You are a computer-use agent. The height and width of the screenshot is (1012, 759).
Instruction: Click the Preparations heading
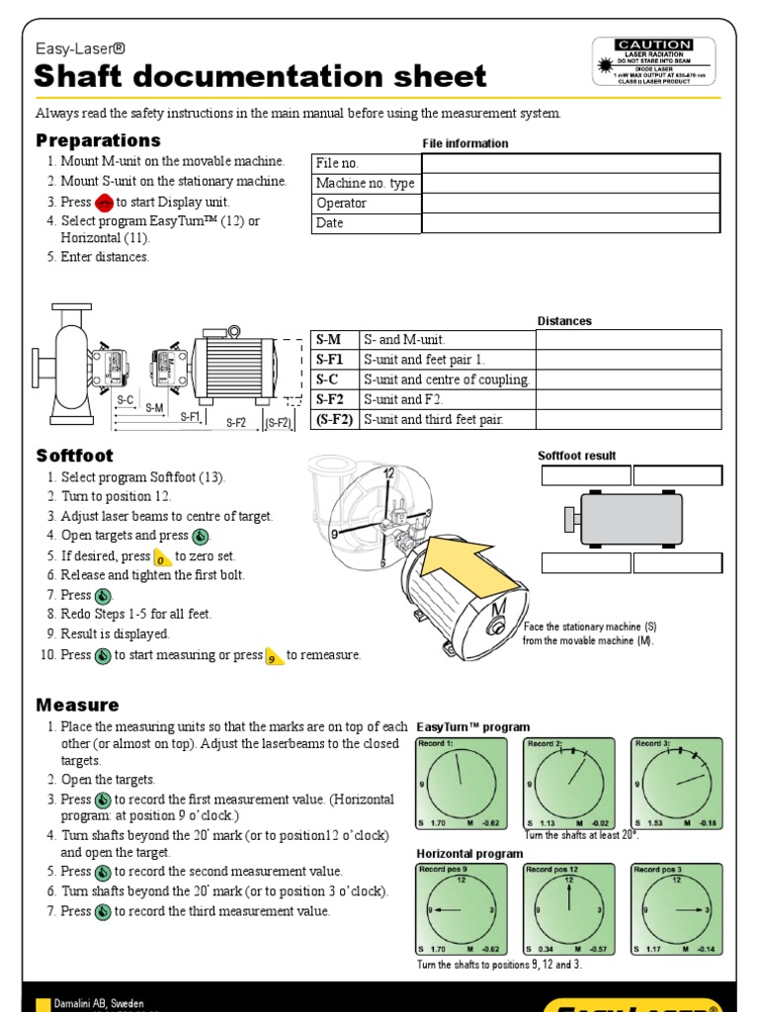pos(98,140)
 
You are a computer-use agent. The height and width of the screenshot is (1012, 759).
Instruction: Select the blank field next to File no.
pos(570,163)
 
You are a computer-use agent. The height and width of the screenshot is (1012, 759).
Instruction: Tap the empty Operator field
pos(570,203)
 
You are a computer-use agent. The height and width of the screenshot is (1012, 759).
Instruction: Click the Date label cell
pos(366,223)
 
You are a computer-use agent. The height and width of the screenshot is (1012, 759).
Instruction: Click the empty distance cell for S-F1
pos(629,360)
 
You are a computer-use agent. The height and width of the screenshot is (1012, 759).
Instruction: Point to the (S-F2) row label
pos(334,419)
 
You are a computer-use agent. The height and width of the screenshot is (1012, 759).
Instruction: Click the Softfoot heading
pos(75,456)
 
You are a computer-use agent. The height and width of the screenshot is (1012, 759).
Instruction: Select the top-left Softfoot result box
pos(586,476)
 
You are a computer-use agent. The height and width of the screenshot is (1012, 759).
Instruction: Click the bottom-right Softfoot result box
pos(677,563)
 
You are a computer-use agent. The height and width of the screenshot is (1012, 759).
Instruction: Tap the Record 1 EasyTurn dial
pos(460,783)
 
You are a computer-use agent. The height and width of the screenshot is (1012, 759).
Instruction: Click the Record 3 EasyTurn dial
pos(677,783)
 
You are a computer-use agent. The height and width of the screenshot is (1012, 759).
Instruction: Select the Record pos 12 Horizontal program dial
pos(568,910)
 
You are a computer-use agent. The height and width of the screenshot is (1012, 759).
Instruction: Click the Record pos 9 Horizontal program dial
pos(460,910)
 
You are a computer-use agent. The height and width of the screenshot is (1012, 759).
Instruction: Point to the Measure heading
pos(77,705)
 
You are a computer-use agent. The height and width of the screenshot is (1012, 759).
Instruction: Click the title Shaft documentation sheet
pos(260,76)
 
